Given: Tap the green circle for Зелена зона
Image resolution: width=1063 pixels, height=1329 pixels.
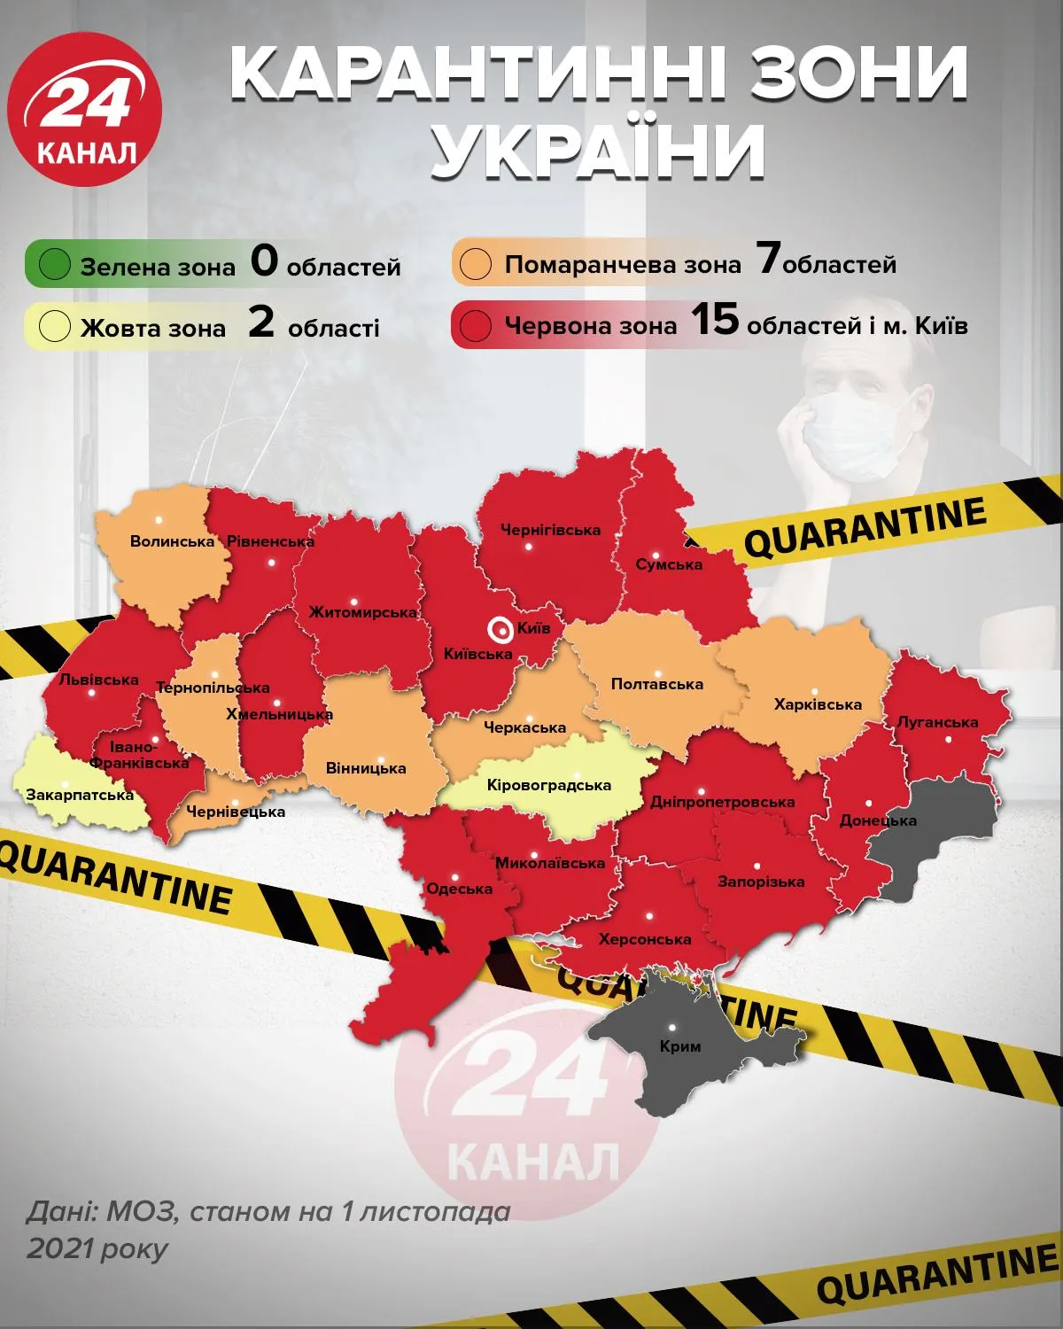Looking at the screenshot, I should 55,265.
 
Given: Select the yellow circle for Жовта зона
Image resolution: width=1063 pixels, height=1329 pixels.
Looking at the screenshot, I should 55,326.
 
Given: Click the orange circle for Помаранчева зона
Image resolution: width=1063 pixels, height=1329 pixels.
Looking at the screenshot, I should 477,264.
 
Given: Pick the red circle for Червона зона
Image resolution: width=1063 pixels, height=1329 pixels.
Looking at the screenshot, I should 476,325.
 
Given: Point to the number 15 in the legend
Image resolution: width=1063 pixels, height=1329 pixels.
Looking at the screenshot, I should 714,321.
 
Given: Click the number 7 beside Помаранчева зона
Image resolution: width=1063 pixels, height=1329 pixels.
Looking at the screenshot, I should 767,260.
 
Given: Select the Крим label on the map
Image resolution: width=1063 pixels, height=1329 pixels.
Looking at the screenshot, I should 680,1046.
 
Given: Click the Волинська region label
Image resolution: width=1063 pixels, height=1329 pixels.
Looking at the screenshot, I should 172,541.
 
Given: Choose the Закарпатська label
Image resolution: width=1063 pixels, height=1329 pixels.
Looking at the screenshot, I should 80,795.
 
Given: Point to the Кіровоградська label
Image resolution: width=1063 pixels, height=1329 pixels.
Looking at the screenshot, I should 549,785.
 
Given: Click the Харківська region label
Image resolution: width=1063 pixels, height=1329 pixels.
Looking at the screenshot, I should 818,705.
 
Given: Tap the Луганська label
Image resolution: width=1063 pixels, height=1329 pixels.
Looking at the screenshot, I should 937,722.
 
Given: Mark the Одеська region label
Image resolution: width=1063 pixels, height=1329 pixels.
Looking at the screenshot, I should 459,889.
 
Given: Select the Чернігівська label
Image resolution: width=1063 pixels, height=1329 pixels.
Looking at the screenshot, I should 550,530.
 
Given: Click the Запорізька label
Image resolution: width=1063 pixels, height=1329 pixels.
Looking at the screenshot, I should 761,882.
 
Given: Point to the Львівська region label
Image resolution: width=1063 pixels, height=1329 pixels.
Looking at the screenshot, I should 98,680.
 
